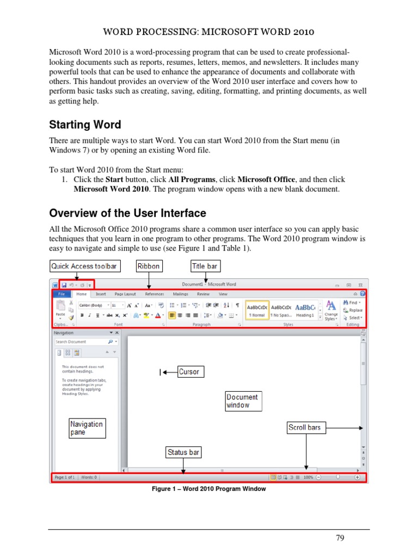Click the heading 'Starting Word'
(85, 125)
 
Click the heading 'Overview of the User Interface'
(127, 213)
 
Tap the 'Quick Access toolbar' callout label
(84, 266)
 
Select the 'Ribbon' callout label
(149, 266)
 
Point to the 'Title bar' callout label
(205, 266)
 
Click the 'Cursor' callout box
(189, 372)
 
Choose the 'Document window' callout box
(243, 401)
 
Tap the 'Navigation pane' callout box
(87, 428)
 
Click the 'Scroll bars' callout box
(305, 428)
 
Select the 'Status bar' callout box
(183, 452)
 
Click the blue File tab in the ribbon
(62, 294)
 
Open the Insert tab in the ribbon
(101, 294)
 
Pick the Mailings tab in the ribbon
(180, 294)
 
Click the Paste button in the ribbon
(60, 308)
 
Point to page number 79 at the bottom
(340, 538)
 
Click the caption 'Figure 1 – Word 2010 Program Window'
(208, 489)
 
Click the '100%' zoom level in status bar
(308, 477)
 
